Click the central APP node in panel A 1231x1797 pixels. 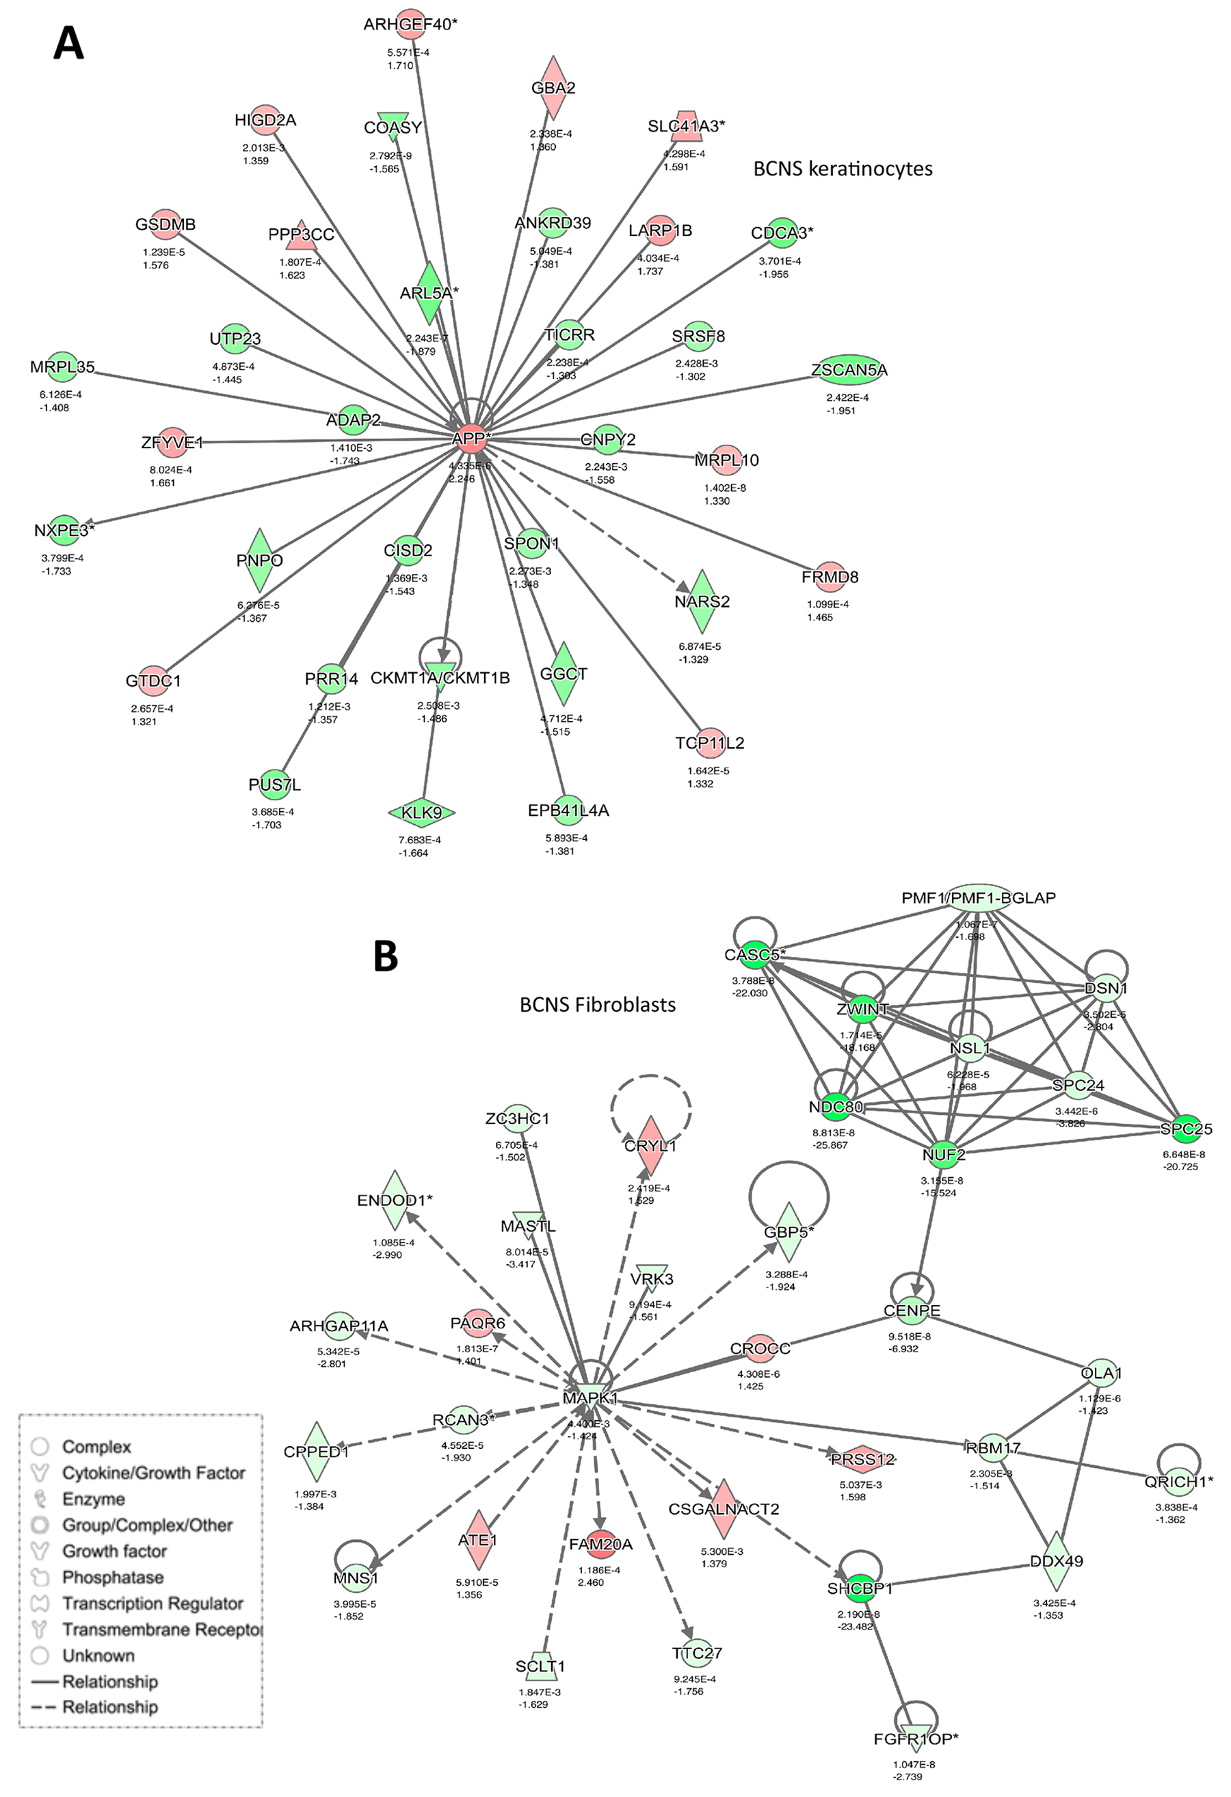click(470, 438)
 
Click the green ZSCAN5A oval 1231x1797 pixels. click(849, 370)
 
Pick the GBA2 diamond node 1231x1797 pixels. click(553, 88)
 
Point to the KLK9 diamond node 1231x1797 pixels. click(421, 813)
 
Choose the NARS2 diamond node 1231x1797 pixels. click(702, 601)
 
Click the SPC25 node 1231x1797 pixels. click(1186, 1129)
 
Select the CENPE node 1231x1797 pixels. click(912, 1311)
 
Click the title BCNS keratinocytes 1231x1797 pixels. click(843, 168)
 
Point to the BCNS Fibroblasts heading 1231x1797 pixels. click(598, 1004)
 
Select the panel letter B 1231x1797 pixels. click(386, 956)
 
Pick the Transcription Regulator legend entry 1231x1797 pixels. click(153, 1603)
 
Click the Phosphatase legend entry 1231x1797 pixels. click(113, 1577)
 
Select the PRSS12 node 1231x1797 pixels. click(863, 1459)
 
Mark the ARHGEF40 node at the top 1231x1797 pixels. click(410, 24)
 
